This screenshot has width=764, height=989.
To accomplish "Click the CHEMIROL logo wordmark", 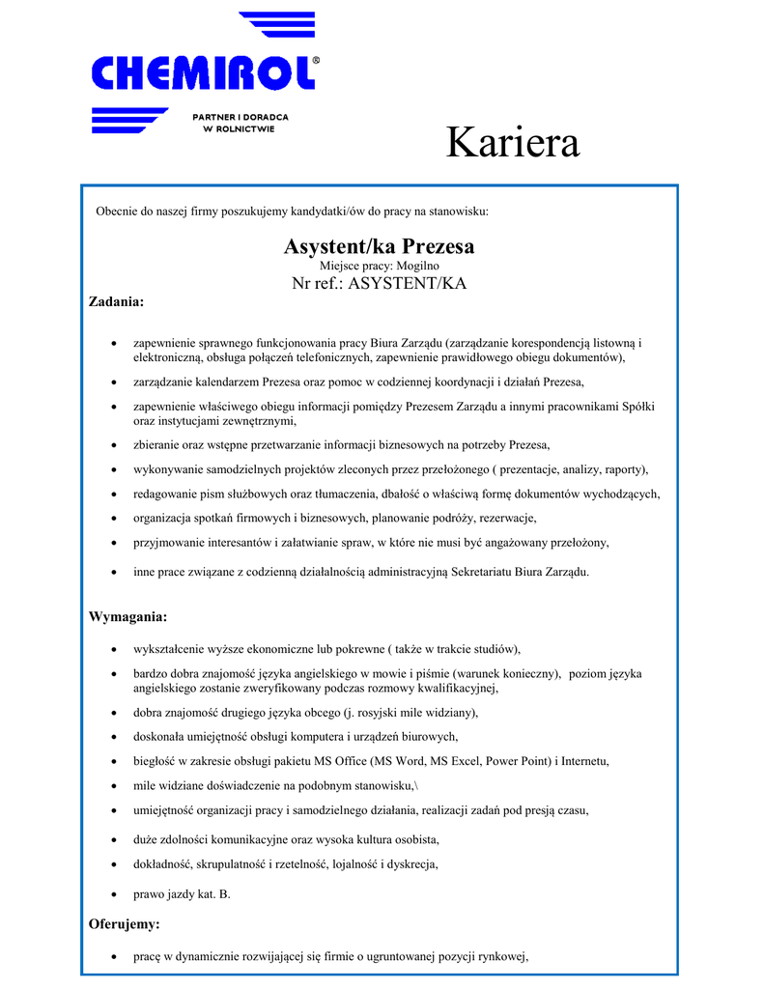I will (x=204, y=72).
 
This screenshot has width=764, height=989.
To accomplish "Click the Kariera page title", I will (x=513, y=143).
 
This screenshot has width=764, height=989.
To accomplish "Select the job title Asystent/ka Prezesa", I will (x=379, y=246).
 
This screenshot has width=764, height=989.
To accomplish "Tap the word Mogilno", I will (x=417, y=265).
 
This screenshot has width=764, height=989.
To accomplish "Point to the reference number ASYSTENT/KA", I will (x=407, y=283).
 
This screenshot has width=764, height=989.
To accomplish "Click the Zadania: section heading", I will (x=116, y=302).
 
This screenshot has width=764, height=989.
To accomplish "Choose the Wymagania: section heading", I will (x=127, y=616).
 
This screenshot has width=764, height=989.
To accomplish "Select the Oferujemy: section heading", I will (x=124, y=924).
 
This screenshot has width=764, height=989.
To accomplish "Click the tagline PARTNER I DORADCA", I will (x=241, y=117).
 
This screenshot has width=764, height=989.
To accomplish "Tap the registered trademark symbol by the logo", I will (x=316, y=59).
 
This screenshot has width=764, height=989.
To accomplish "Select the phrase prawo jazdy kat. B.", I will (x=182, y=894).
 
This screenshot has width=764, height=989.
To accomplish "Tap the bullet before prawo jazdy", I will (x=115, y=895).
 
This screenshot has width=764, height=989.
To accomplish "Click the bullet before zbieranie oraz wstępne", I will (x=115, y=445).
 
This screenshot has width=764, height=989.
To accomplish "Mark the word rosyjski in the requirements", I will (x=382, y=713).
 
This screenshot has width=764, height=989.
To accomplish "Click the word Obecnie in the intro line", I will (x=118, y=211).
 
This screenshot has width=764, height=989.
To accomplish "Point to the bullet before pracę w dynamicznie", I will (x=115, y=958).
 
